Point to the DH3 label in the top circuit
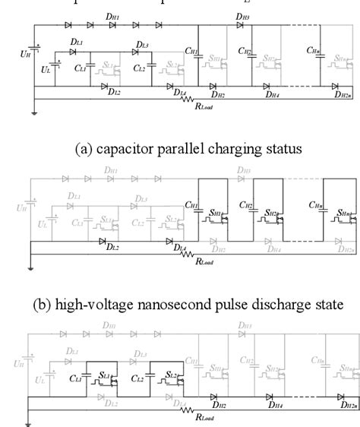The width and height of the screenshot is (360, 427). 242,16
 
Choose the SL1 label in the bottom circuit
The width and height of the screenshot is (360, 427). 106,356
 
